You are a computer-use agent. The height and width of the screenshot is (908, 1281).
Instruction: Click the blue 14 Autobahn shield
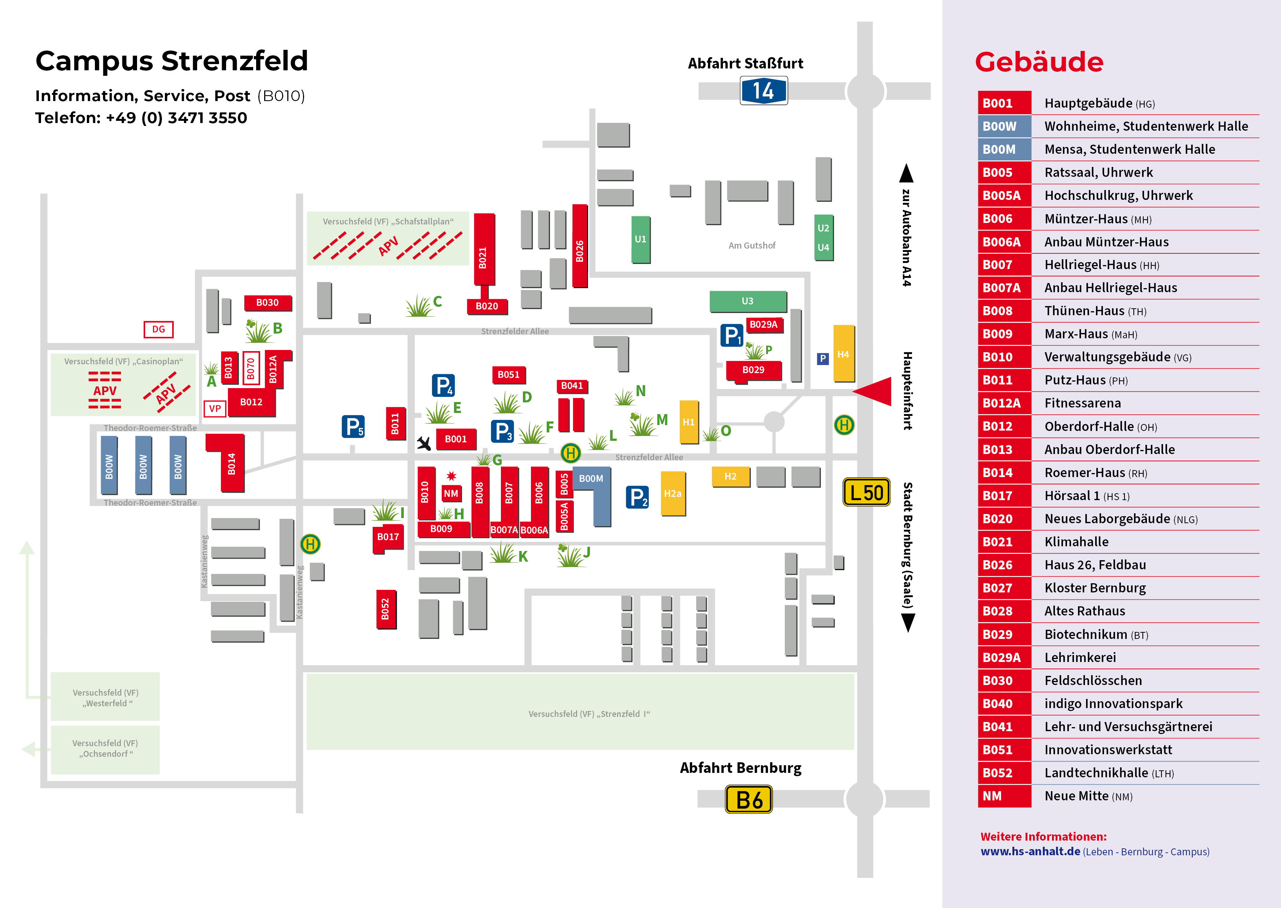point(764,90)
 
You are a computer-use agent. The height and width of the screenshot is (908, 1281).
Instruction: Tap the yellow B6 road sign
point(749,800)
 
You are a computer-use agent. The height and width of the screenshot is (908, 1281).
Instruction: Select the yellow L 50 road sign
point(866,492)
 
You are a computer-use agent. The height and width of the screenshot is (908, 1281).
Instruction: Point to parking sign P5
point(353,427)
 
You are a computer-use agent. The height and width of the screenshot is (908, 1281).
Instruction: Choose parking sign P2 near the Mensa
point(637,497)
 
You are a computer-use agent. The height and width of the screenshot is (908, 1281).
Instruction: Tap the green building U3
point(748,301)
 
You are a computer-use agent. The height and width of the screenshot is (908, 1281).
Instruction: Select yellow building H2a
point(673,494)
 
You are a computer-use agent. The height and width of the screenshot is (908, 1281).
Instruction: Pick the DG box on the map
point(159,329)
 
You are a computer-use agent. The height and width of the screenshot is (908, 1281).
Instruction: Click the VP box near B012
point(215,409)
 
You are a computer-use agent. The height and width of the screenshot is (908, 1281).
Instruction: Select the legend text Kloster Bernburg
point(1095,588)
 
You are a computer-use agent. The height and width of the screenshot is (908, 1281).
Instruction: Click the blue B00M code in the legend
point(999,149)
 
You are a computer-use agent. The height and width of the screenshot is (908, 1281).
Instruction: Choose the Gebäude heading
point(1039,62)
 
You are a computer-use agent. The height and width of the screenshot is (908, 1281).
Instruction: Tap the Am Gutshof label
point(752,245)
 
